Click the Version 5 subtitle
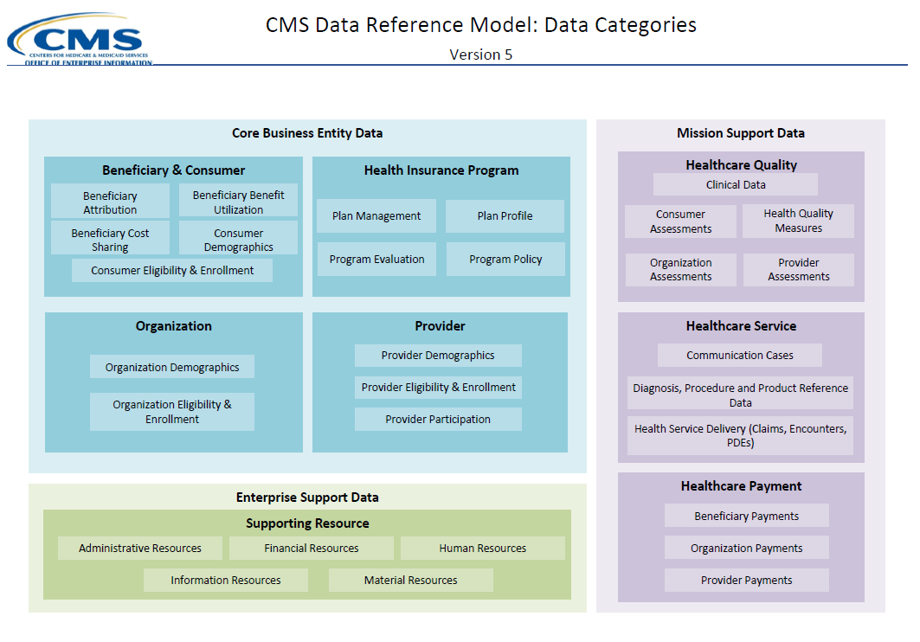[x=480, y=55]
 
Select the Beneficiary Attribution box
[x=110, y=202]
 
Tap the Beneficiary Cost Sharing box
[x=110, y=240]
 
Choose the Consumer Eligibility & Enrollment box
[x=172, y=270]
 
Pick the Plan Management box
[x=376, y=216]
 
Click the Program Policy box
[x=505, y=259]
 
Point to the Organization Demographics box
[x=172, y=367]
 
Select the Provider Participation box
[x=438, y=419]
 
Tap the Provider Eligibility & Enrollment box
[x=438, y=387]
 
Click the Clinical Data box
[x=736, y=184]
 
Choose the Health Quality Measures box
[x=798, y=221]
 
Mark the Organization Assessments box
[x=681, y=270]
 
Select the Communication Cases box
[x=740, y=355]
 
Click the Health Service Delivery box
[x=740, y=435]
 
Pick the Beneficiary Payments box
[x=746, y=516]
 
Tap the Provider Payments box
[x=746, y=580]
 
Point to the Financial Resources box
[x=312, y=548]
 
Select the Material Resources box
[x=410, y=580]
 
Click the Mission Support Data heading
[x=741, y=133]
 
